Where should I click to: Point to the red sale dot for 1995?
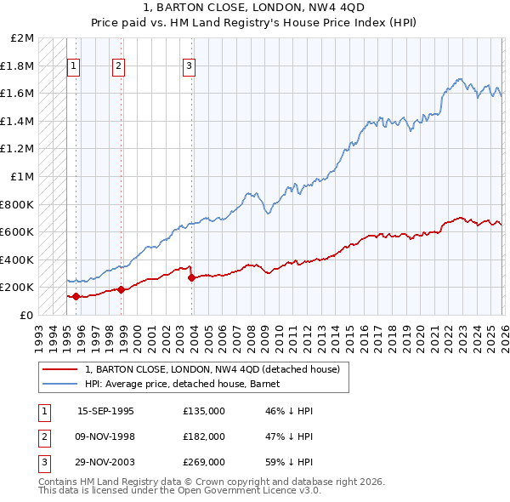pyautogui.click(x=76, y=296)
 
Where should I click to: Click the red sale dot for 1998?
pyautogui.click(x=121, y=289)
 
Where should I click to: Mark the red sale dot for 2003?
pyautogui.click(x=191, y=277)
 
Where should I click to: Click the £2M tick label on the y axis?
pyautogui.click(x=23, y=38)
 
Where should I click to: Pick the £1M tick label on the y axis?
pyautogui.click(x=23, y=177)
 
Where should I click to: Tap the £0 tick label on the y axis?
pyautogui.click(x=26, y=315)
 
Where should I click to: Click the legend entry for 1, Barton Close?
pyautogui.click(x=212, y=369)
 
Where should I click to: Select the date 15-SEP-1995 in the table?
pyautogui.click(x=105, y=411)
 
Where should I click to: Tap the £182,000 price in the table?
pyautogui.click(x=204, y=436)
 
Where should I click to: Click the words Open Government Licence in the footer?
pyautogui.click(x=246, y=491)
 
